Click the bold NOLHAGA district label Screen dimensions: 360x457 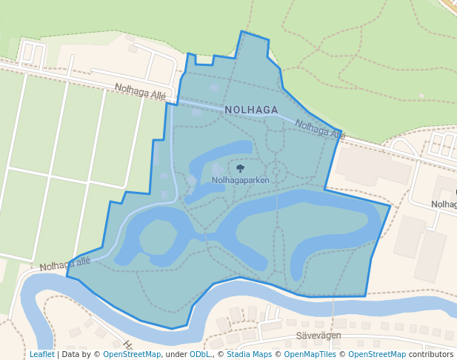pyautogui.click(x=251, y=110)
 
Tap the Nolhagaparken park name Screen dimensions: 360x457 pyautogui.click(x=239, y=179)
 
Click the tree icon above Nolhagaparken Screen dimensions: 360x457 pyautogui.click(x=239, y=168)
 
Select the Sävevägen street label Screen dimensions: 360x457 pyautogui.click(x=318, y=336)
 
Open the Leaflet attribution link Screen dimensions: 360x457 pyautogui.click(x=42, y=354)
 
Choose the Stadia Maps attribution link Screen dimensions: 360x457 pyautogui.click(x=249, y=354)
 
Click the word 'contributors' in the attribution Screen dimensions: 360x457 pyautogui.click(x=430, y=354)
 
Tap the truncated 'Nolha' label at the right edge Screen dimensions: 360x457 pyautogui.click(x=444, y=204)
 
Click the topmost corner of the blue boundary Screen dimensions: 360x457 pyautogui.click(x=242, y=32)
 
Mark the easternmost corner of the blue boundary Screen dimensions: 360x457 pyautogui.click(x=390, y=204)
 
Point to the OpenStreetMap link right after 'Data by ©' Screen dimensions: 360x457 pyautogui.click(x=132, y=354)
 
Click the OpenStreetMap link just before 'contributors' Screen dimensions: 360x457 pyautogui.click(x=377, y=354)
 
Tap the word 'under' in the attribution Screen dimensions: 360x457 pyautogui.click(x=176, y=354)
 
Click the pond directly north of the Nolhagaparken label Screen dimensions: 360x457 pyautogui.click(x=222, y=153)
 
